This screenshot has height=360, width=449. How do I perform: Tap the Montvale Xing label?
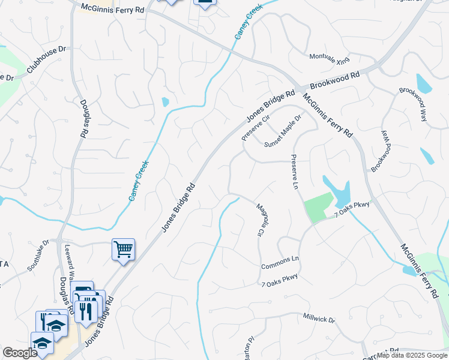pyautogui.click(x=329, y=58)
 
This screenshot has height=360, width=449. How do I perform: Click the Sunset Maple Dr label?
pyautogui.click(x=282, y=131)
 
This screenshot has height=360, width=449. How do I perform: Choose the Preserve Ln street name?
pyautogui.click(x=294, y=172)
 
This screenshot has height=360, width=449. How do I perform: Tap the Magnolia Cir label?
pyautogui.click(x=261, y=218)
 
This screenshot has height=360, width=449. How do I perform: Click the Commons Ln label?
pyautogui.click(x=280, y=263)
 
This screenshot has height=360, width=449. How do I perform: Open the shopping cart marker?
pyautogui.click(x=123, y=248)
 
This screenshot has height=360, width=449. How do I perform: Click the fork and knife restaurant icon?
pyautogui.click(x=87, y=311)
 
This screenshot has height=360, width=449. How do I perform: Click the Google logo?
pyautogui.click(x=19, y=352)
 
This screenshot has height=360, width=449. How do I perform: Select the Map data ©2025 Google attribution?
pyautogui.click(x=412, y=355)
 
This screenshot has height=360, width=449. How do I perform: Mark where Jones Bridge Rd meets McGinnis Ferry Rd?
pyautogui.click(x=298, y=89)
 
